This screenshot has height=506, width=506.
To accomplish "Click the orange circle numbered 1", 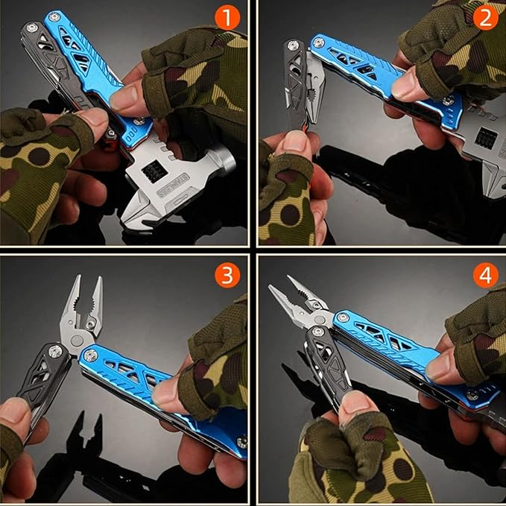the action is [x=227, y=17].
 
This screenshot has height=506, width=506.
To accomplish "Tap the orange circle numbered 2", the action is [x=485, y=17].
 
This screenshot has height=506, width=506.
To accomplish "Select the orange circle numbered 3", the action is [x=227, y=275].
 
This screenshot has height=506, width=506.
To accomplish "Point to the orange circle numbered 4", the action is [x=485, y=275].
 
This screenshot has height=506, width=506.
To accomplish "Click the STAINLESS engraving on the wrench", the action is [x=173, y=185].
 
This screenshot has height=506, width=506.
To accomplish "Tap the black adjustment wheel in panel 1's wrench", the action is [x=154, y=171].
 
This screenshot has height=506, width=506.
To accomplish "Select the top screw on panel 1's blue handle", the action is [x=54, y=17].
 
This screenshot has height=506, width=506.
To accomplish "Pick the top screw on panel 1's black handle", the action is [x=32, y=28].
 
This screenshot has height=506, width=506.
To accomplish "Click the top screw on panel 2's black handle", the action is [x=293, y=45].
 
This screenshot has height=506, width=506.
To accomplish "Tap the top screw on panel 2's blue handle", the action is [x=319, y=42].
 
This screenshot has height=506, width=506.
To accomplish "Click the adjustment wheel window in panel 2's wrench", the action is [x=485, y=137].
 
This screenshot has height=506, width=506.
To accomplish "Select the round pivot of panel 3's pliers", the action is [x=77, y=341].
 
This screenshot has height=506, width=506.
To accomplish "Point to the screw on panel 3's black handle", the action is [x=55, y=352].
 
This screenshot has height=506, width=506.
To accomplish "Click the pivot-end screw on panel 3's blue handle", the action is [x=90, y=355].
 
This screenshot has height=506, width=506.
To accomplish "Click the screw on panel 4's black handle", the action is [x=317, y=331].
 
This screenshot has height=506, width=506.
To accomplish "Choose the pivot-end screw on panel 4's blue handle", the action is [x=343, y=318].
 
